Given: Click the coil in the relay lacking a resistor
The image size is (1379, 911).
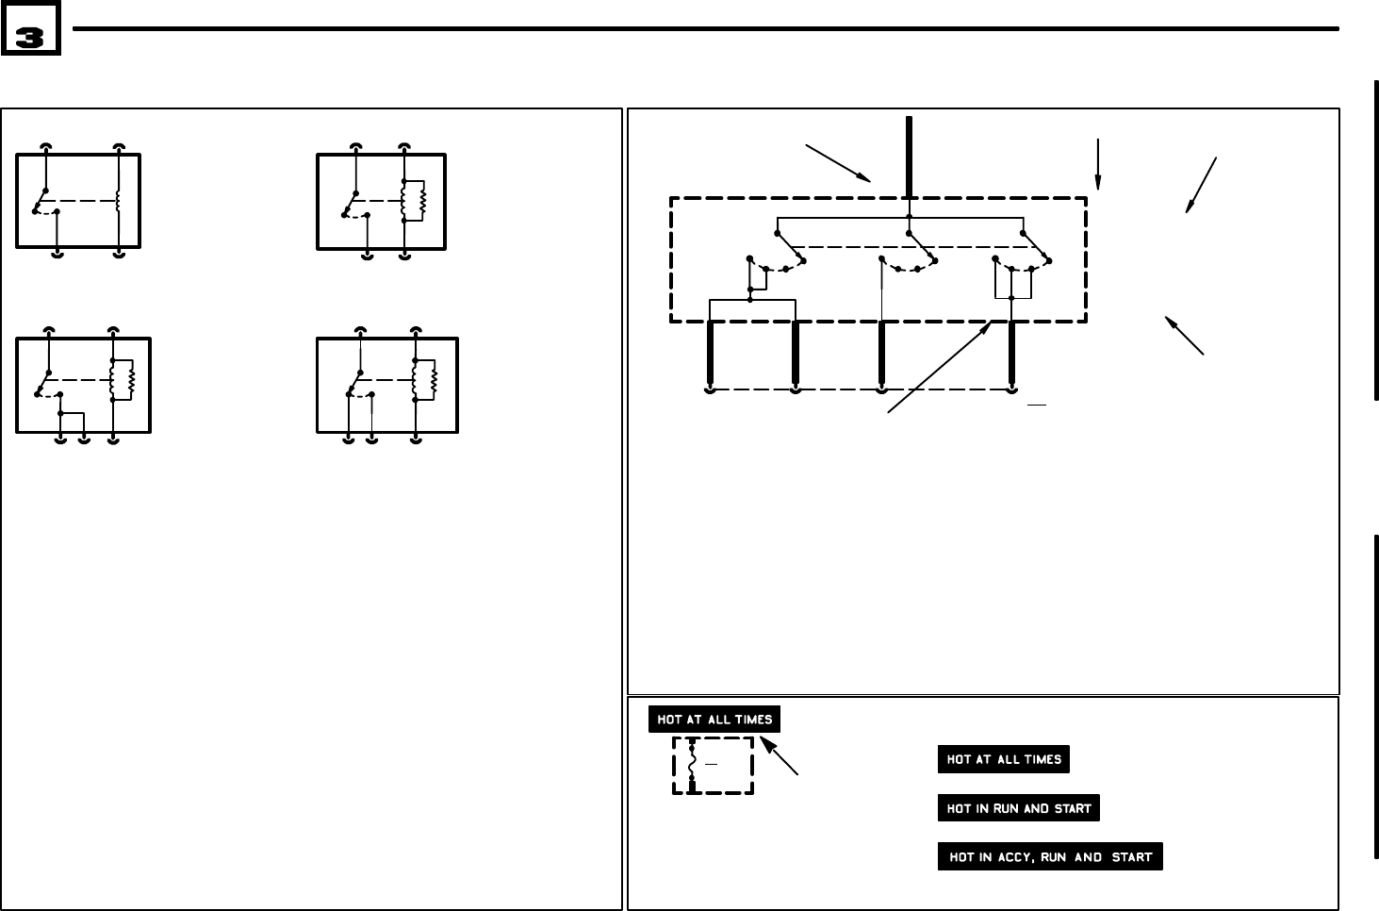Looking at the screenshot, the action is (x=119, y=200).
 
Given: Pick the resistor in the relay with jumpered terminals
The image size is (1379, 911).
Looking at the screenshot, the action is (x=134, y=379).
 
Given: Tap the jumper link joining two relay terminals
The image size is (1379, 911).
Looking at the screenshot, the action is (x=72, y=413).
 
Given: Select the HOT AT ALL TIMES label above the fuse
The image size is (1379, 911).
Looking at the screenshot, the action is (x=714, y=720).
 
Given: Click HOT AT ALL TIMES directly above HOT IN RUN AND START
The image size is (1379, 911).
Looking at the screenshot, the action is (x=1003, y=759).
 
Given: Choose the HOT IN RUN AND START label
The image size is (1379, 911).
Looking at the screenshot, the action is (x=1018, y=808).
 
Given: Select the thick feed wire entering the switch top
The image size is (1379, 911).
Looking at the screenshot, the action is (x=909, y=156).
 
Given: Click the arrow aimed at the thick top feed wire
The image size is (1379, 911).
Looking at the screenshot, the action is (x=837, y=161).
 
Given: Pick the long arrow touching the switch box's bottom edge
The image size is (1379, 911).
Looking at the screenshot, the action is (x=940, y=366).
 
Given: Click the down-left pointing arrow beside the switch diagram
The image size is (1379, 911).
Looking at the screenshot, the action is (x=1202, y=185).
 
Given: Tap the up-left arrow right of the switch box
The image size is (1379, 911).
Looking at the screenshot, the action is (x=1185, y=336).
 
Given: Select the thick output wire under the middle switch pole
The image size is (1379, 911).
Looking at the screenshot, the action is (x=881, y=354).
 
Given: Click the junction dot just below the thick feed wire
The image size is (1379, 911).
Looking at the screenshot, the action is (x=909, y=217).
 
